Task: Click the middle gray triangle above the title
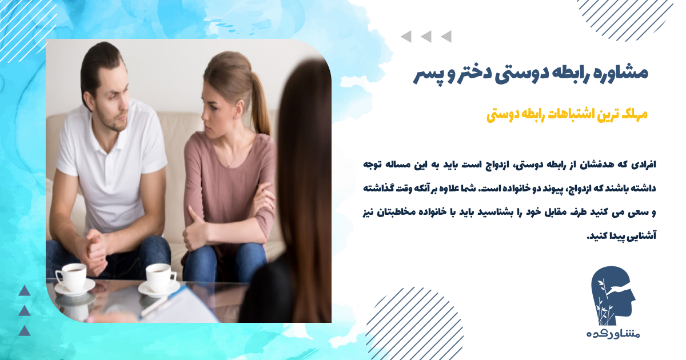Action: point(426,37)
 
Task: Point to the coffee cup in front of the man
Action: point(71,277)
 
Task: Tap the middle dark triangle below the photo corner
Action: point(24,311)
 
